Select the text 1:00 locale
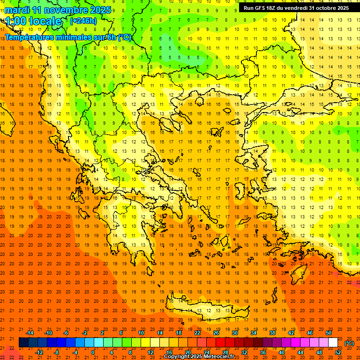point(34,21)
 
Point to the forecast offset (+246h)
point(83,21)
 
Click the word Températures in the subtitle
point(29,37)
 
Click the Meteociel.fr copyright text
point(199,357)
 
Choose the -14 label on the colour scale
point(30,333)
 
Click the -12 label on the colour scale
point(39,352)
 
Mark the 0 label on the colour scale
point(93,352)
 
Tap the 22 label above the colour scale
point(197,333)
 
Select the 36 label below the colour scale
point(263,352)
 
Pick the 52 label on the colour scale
point(338,352)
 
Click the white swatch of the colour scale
point(333,343)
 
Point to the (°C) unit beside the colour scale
point(349,343)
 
